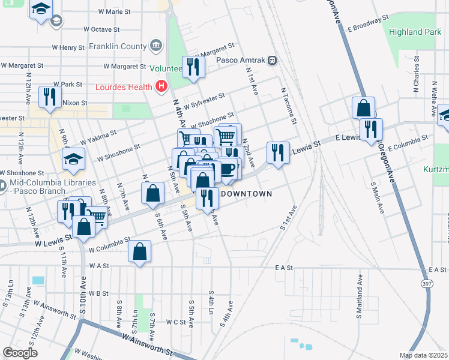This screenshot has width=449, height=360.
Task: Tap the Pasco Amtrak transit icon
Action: (x=273, y=60)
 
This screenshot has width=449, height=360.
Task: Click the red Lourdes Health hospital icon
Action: (x=160, y=87)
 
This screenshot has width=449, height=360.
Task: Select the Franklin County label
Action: (x=118, y=46)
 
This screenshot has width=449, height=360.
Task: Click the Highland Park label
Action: (x=414, y=32)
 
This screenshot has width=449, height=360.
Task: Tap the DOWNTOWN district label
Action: (x=247, y=194)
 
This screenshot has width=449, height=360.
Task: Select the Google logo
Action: (x=20, y=352)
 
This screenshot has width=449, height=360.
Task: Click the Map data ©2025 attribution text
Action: (x=423, y=355)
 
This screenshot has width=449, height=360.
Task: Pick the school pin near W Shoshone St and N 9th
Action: (x=73, y=158)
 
